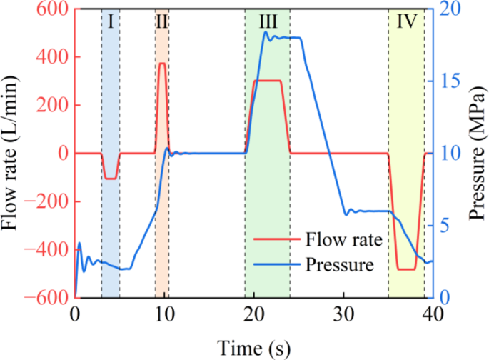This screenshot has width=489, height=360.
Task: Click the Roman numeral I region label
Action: click(111, 21)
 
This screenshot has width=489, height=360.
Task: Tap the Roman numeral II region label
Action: click(162, 21)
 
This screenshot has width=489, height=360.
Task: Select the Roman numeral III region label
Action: click(268, 21)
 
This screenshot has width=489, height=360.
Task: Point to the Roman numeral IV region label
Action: click(406, 21)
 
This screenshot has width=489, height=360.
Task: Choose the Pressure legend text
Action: click(339, 266)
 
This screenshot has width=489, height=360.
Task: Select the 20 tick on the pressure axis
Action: click(448, 9)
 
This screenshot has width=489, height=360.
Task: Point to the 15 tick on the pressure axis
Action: click(448, 81)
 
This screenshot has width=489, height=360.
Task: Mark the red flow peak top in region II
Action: click(163, 64)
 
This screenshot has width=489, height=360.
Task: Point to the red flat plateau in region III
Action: click(268, 81)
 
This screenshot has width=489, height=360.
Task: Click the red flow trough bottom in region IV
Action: click(406, 269)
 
